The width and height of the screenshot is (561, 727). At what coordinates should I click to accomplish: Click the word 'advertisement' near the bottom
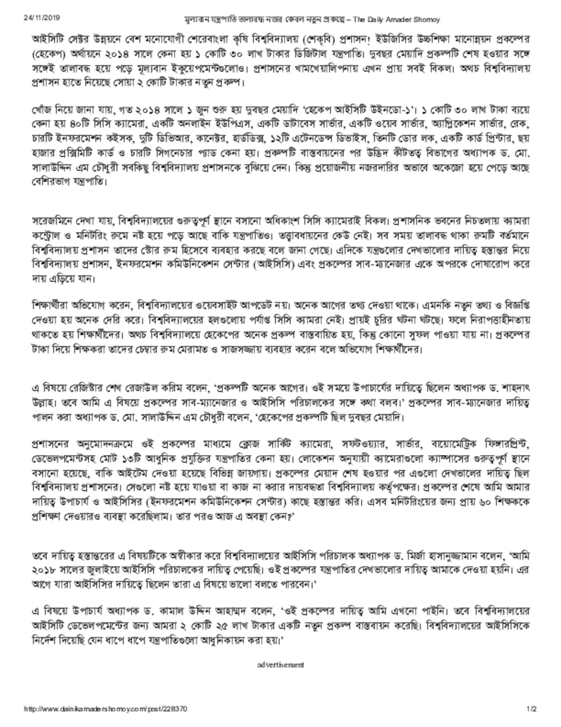pyautogui.click(x=280, y=665)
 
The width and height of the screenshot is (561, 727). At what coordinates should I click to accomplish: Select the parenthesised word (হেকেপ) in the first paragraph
pyautogui.click(x=45, y=52)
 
